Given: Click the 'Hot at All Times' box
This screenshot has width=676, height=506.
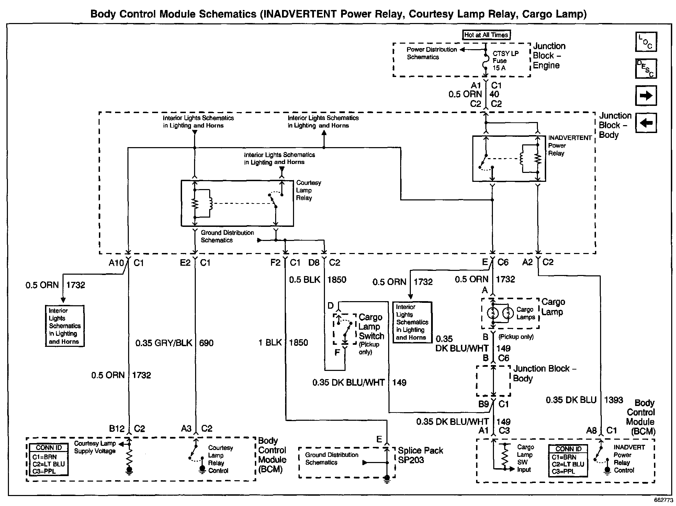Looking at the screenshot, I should (x=486, y=35).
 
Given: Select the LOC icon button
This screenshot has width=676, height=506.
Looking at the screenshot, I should (x=646, y=42).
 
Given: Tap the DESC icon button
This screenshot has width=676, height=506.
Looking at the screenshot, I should (x=646, y=69).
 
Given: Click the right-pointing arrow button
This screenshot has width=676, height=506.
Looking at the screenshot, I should (x=646, y=96).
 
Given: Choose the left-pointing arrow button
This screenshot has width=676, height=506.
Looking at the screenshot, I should (x=646, y=123).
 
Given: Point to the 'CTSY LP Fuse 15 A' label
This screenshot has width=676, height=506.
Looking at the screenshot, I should (x=505, y=61).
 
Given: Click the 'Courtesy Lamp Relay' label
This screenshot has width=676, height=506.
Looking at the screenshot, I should (x=308, y=190).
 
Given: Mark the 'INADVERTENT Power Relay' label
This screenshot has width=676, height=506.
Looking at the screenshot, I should (x=570, y=145).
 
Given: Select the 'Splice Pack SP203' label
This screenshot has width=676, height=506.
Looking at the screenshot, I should (x=420, y=455).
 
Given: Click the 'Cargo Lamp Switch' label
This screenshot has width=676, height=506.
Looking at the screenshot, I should (x=371, y=327).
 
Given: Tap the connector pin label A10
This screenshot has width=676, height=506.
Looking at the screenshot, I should (x=116, y=263).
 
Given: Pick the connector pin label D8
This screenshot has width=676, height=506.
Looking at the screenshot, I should (x=314, y=263).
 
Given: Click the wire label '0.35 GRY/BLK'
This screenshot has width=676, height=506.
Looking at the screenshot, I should (x=164, y=343).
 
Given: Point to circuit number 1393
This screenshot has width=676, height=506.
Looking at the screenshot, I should (x=613, y=400).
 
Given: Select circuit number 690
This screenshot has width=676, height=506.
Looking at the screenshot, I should (x=206, y=343).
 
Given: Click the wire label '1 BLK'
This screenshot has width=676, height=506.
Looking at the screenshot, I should (x=270, y=343).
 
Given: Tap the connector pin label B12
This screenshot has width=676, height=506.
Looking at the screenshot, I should (x=117, y=429).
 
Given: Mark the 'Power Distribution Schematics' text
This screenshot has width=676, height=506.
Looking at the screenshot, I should (x=431, y=53).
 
